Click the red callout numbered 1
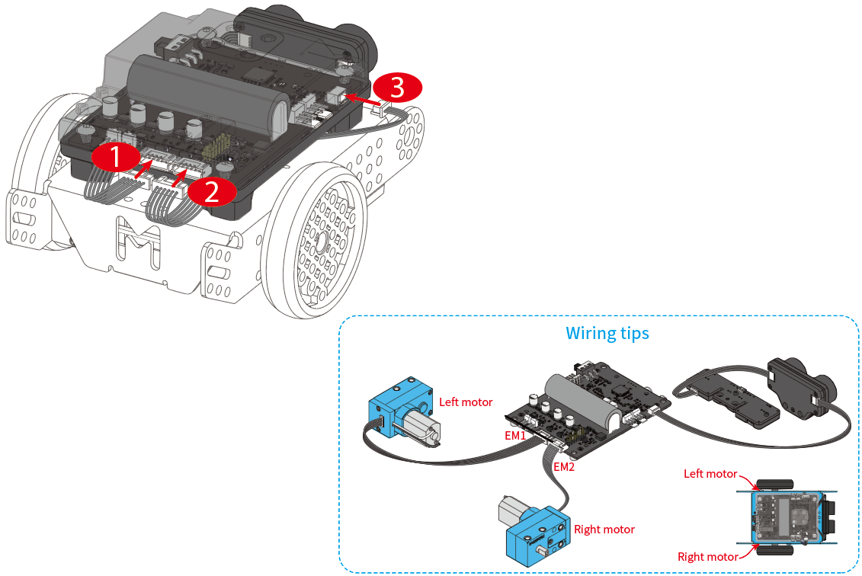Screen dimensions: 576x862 coord(115,158)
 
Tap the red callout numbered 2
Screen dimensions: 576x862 coord(211,191)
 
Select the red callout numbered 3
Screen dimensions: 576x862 coord(397,88)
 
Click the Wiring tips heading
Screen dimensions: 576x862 coord(607,334)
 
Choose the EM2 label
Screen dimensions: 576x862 coord(563,467)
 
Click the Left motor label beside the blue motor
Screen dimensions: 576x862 coord(466,402)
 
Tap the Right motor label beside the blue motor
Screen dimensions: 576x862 coord(604,529)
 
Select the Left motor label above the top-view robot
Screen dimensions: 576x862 coord(710,474)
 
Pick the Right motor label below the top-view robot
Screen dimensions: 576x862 coord(707,557)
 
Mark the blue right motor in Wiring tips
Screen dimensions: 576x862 coord(535,530)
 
